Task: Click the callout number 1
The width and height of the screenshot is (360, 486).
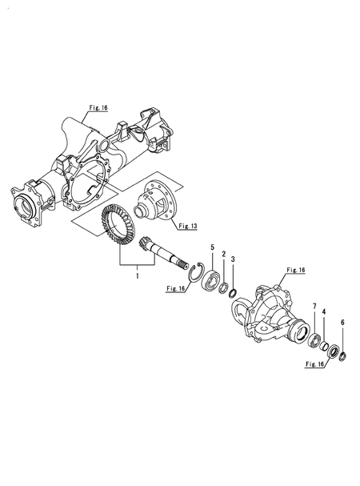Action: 138,275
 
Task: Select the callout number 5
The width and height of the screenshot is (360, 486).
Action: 212,247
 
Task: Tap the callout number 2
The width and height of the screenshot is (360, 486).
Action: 224,254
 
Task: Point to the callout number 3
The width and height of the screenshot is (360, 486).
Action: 234,259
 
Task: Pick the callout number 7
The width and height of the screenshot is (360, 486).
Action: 314,307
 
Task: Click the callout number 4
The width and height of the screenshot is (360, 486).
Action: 324,311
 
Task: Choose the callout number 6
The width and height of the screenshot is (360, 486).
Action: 342,323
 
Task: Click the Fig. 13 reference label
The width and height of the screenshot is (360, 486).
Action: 188,227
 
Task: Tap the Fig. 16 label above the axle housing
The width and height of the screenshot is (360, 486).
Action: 98,108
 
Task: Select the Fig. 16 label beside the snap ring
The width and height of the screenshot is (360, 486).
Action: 176,288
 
